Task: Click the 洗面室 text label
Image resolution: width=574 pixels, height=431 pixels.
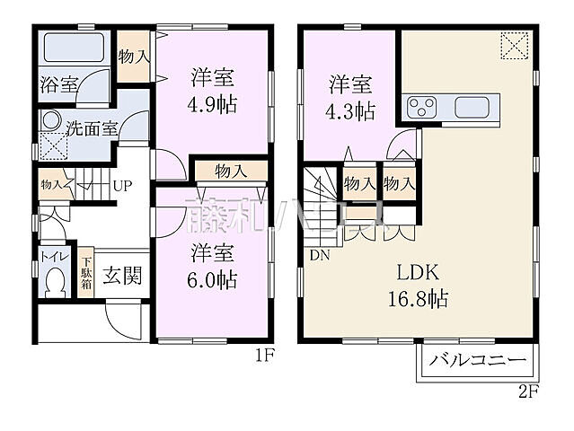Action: tap(98, 128)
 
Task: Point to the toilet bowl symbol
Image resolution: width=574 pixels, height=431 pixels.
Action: tap(54, 286)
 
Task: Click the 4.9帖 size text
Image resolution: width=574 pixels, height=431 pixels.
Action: tap(213, 104)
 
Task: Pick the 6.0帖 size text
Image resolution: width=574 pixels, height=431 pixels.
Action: tap(213, 279)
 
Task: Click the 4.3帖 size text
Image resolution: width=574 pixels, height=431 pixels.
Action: tap(350, 112)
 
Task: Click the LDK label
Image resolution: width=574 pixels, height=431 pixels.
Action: tap(418, 272)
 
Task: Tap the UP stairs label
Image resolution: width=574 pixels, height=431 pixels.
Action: tap(122, 187)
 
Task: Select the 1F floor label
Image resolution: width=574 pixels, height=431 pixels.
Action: tap(263, 355)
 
